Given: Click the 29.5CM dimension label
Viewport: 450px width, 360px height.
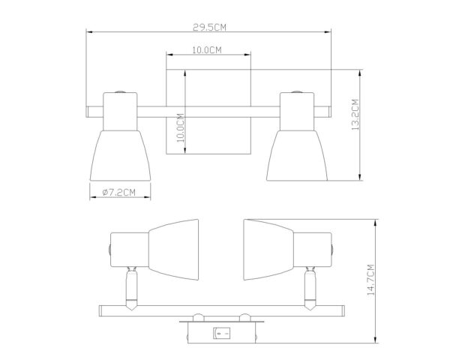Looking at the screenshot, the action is click(x=209, y=27).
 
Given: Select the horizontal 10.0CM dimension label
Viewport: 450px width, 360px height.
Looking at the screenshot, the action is click(x=207, y=50).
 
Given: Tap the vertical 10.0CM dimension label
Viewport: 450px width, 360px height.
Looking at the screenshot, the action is click(x=180, y=127).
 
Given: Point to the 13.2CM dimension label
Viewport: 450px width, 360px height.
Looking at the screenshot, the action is click(x=355, y=115).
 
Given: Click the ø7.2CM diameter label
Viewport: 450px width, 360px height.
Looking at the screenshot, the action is click(x=118, y=192).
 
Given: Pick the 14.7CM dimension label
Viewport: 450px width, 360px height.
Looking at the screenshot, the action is click(x=370, y=280).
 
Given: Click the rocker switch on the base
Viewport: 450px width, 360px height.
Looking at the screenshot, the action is click(x=221, y=333).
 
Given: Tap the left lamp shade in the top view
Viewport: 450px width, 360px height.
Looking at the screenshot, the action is click(x=120, y=155).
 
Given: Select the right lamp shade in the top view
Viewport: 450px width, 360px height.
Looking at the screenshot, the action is click(x=297, y=155).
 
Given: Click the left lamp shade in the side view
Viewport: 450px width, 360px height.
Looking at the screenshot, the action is click(x=174, y=250).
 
